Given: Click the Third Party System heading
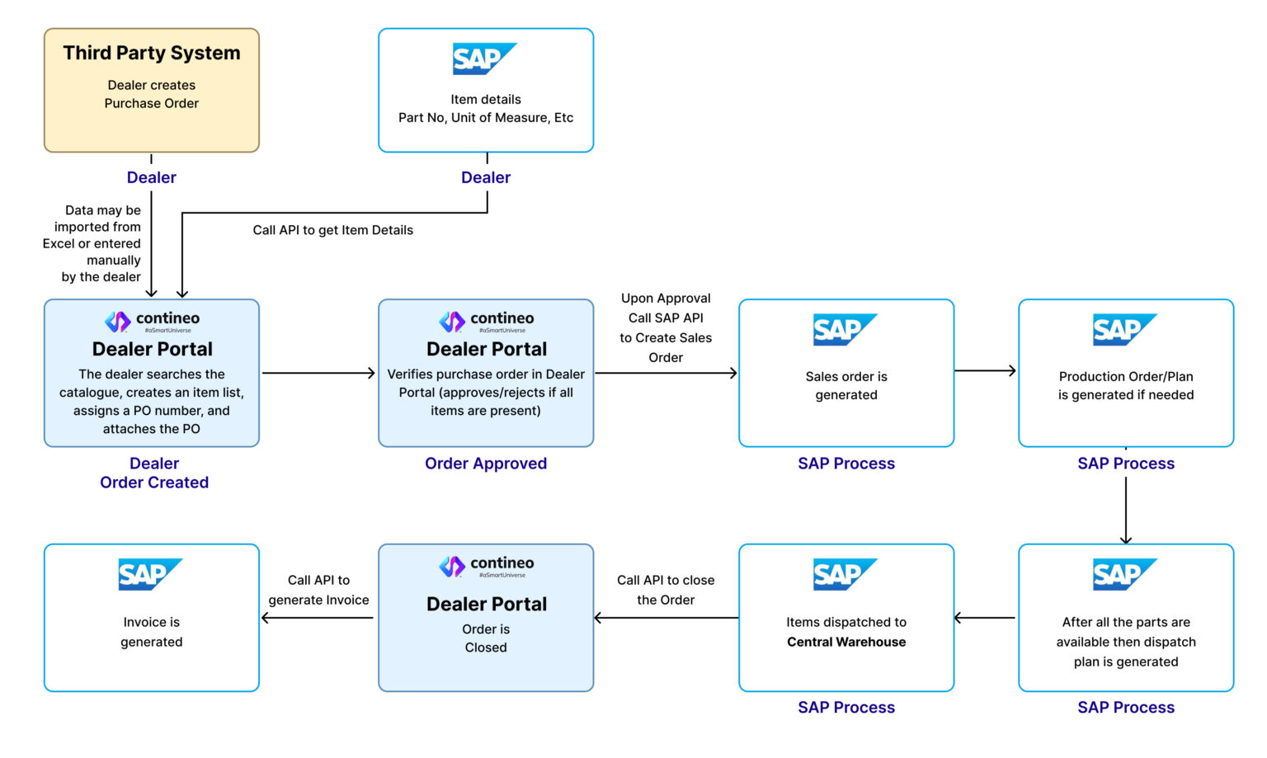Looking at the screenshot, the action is point(152,53).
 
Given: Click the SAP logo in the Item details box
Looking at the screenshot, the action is point(485,59).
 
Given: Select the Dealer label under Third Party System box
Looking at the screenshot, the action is point(152,177).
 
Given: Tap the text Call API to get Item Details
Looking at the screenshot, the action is point(332,229).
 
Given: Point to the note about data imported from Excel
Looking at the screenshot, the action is point(92,243).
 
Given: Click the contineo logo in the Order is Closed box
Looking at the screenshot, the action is point(487,567).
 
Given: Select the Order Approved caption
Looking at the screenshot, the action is point(486,464).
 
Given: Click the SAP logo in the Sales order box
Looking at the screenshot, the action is point(845,329).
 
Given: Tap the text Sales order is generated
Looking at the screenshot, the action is point(846,385).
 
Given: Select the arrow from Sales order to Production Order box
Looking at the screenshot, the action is point(986,370).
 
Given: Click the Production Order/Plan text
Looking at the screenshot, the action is point(1126,385).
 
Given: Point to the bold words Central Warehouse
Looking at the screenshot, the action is point(846,642).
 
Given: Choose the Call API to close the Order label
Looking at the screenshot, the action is point(666,590).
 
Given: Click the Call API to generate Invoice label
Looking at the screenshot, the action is point(318,590).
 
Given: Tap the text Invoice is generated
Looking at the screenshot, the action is point(152,631).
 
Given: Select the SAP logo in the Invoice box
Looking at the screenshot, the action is point(150,574).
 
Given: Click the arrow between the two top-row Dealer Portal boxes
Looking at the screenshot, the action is point(318,373).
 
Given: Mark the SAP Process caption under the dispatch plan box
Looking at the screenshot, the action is point(1126,707).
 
